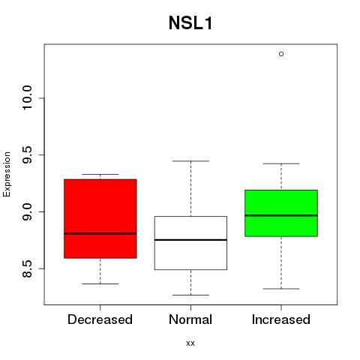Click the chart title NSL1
190,23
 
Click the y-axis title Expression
7,175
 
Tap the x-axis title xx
190,343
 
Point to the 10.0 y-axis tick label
27,97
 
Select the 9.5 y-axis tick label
27,155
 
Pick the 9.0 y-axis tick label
27,212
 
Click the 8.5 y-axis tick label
27,269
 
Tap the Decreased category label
100,319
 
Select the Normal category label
190,319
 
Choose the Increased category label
281,319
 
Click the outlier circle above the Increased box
281,54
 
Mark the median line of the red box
100,233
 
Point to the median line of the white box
190,240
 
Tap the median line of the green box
281,215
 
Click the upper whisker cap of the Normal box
190,161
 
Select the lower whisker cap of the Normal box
190,295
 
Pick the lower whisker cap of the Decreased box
100,283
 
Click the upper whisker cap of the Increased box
281,163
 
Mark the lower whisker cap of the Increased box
281,289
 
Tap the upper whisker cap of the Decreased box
100,174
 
